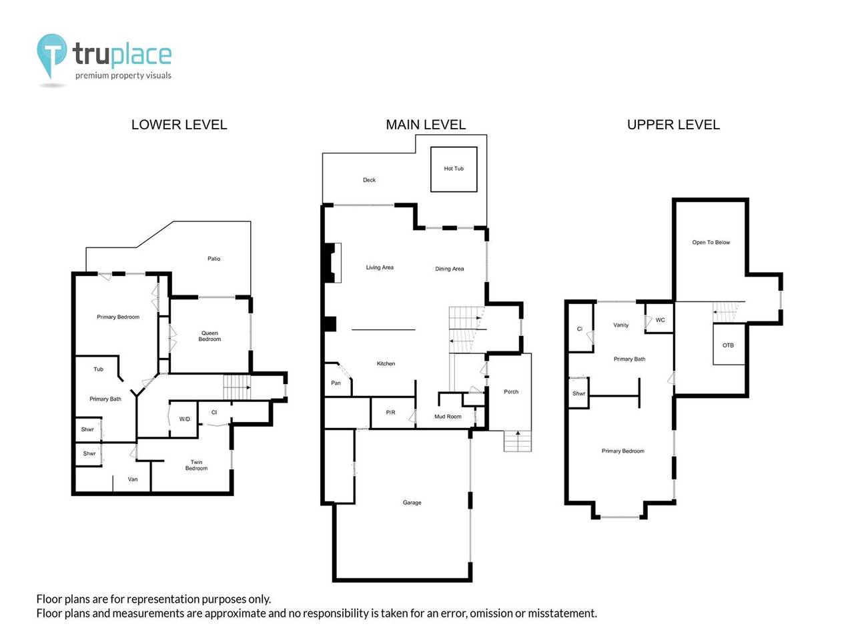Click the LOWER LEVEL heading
click(x=179, y=125)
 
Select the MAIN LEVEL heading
click(x=426, y=125)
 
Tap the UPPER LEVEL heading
click(x=673, y=125)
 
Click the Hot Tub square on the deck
click(x=454, y=169)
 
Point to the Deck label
click(x=369, y=180)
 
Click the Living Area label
click(x=380, y=267)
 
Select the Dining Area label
click(x=449, y=269)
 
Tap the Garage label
click(x=412, y=503)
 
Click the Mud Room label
click(x=448, y=417)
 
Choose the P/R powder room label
click(x=391, y=413)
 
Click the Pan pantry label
click(x=336, y=383)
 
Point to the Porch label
click(x=511, y=392)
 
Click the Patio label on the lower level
click(x=213, y=259)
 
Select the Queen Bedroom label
click(x=209, y=336)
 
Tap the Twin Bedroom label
click(x=196, y=465)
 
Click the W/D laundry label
click(x=184, y=419)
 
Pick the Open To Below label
click(x=711, y=243)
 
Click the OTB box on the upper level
click(x=728, y=345)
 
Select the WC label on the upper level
click(x=660, y=320)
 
